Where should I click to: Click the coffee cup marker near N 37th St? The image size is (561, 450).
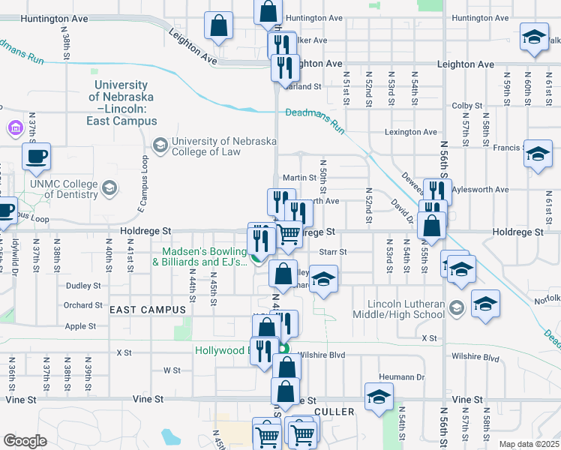36,157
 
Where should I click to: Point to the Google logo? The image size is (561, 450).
25,440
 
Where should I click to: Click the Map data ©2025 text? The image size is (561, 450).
529,444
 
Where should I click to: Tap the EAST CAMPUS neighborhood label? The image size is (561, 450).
147,310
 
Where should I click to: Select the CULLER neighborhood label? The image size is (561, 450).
334,412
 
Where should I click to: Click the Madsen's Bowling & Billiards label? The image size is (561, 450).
200,256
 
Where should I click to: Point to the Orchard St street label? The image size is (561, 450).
82,305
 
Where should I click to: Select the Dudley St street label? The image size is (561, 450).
82,286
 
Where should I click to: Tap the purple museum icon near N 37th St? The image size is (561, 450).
14,129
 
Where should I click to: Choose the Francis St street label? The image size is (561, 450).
508,148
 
